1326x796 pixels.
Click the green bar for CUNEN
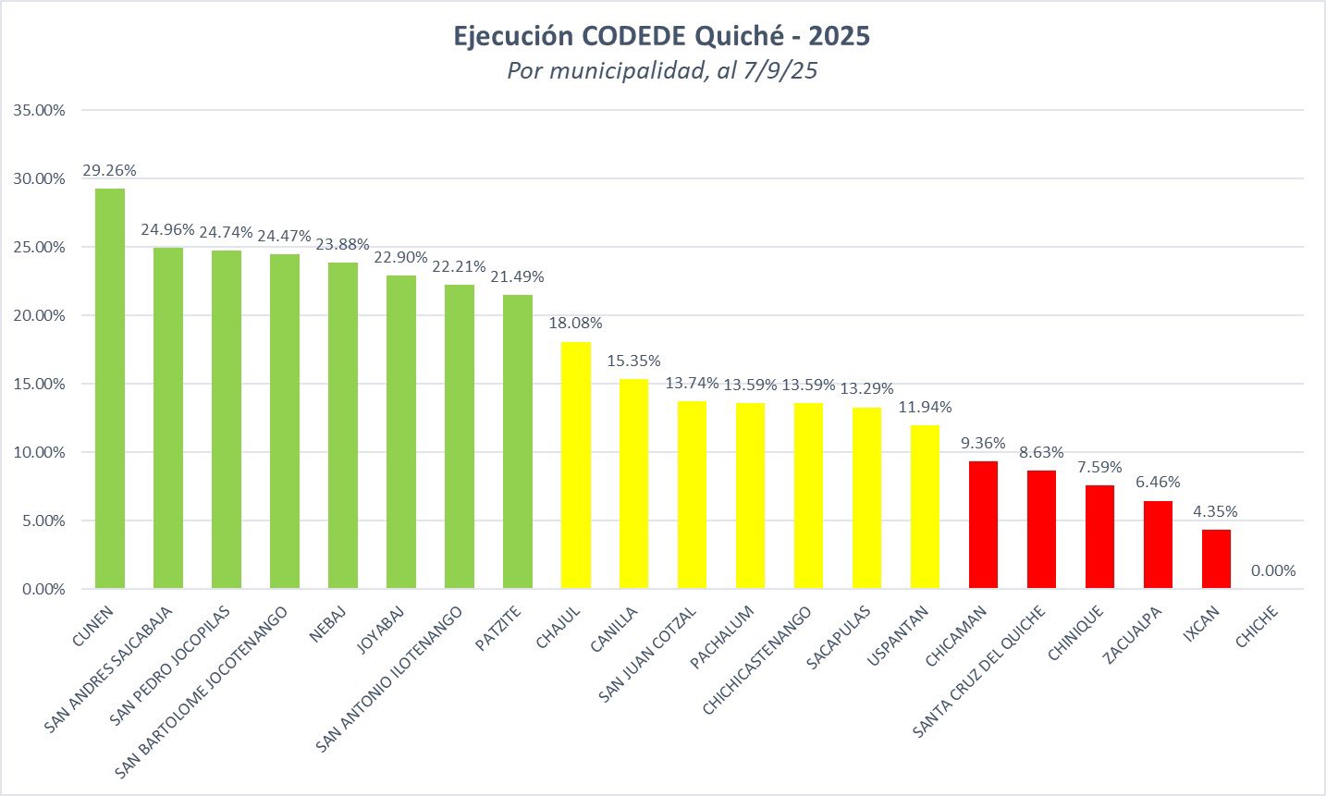tap(110, 388)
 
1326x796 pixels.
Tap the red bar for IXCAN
tap(1216, 558)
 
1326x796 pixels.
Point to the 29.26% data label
tap(109, 171)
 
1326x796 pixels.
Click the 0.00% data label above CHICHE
tap(1273, 571)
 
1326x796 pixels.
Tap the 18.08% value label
tap(575, 324)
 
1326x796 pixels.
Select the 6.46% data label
tap(1158, 483)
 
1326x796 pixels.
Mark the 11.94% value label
tap(925, 408)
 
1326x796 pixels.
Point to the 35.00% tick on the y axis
tap(40, 110)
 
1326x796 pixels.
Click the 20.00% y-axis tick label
tap(40, 315)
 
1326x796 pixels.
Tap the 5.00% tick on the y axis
tap(43, 520)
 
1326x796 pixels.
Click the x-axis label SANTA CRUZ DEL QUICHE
tap(979, 671)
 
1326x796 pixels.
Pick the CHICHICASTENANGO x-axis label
tap(757, 660)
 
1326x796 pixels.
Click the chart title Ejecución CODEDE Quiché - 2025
tap(662, 36)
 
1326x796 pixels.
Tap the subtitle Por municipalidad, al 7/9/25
tap(662, 70)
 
